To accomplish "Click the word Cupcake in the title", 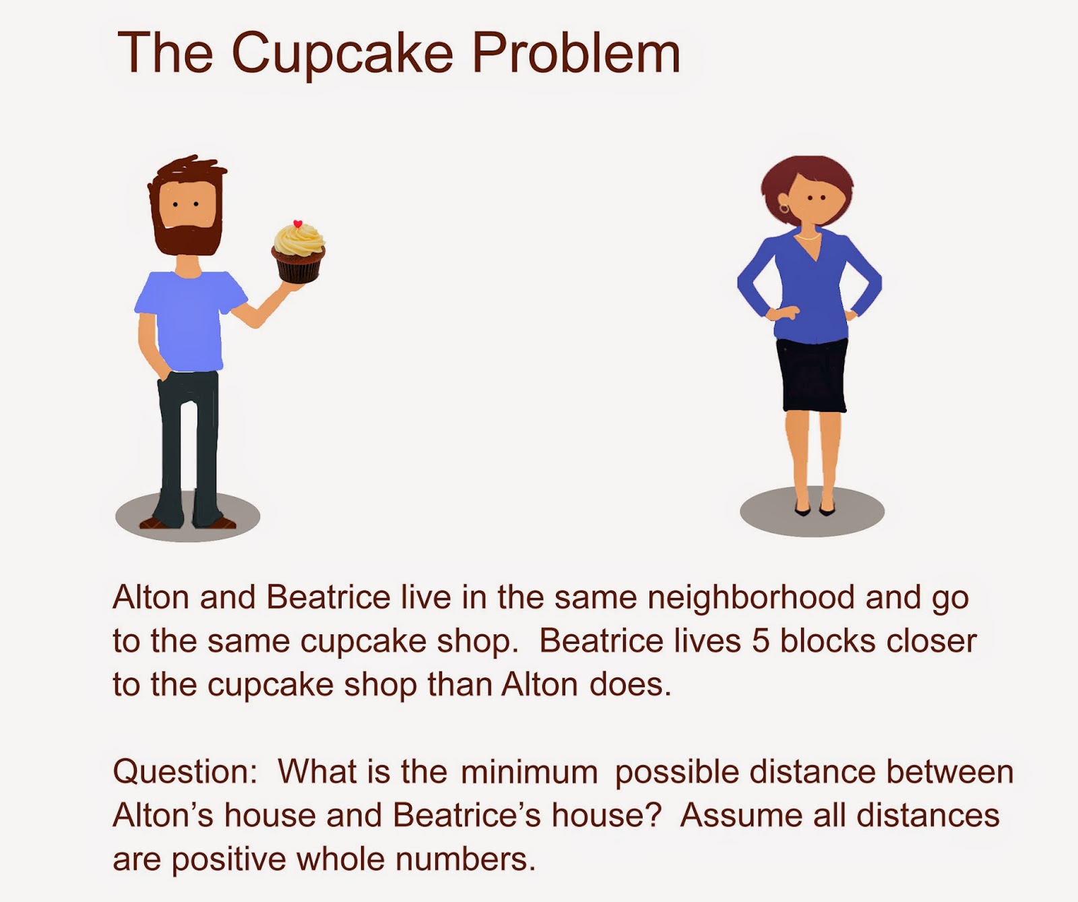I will pyautogui.click(x=342, y=54).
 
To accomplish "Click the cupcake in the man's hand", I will pyautogui.click(x=298, y=253).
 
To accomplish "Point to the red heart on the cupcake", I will pyautogui.click(x=298, y=224).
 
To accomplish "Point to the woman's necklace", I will pyautogui.click(x=808, y=237).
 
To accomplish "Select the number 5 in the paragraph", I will pyautogui.click(x=761, y=641).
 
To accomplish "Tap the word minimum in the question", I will pyautogui.click(x=530, y=773).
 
